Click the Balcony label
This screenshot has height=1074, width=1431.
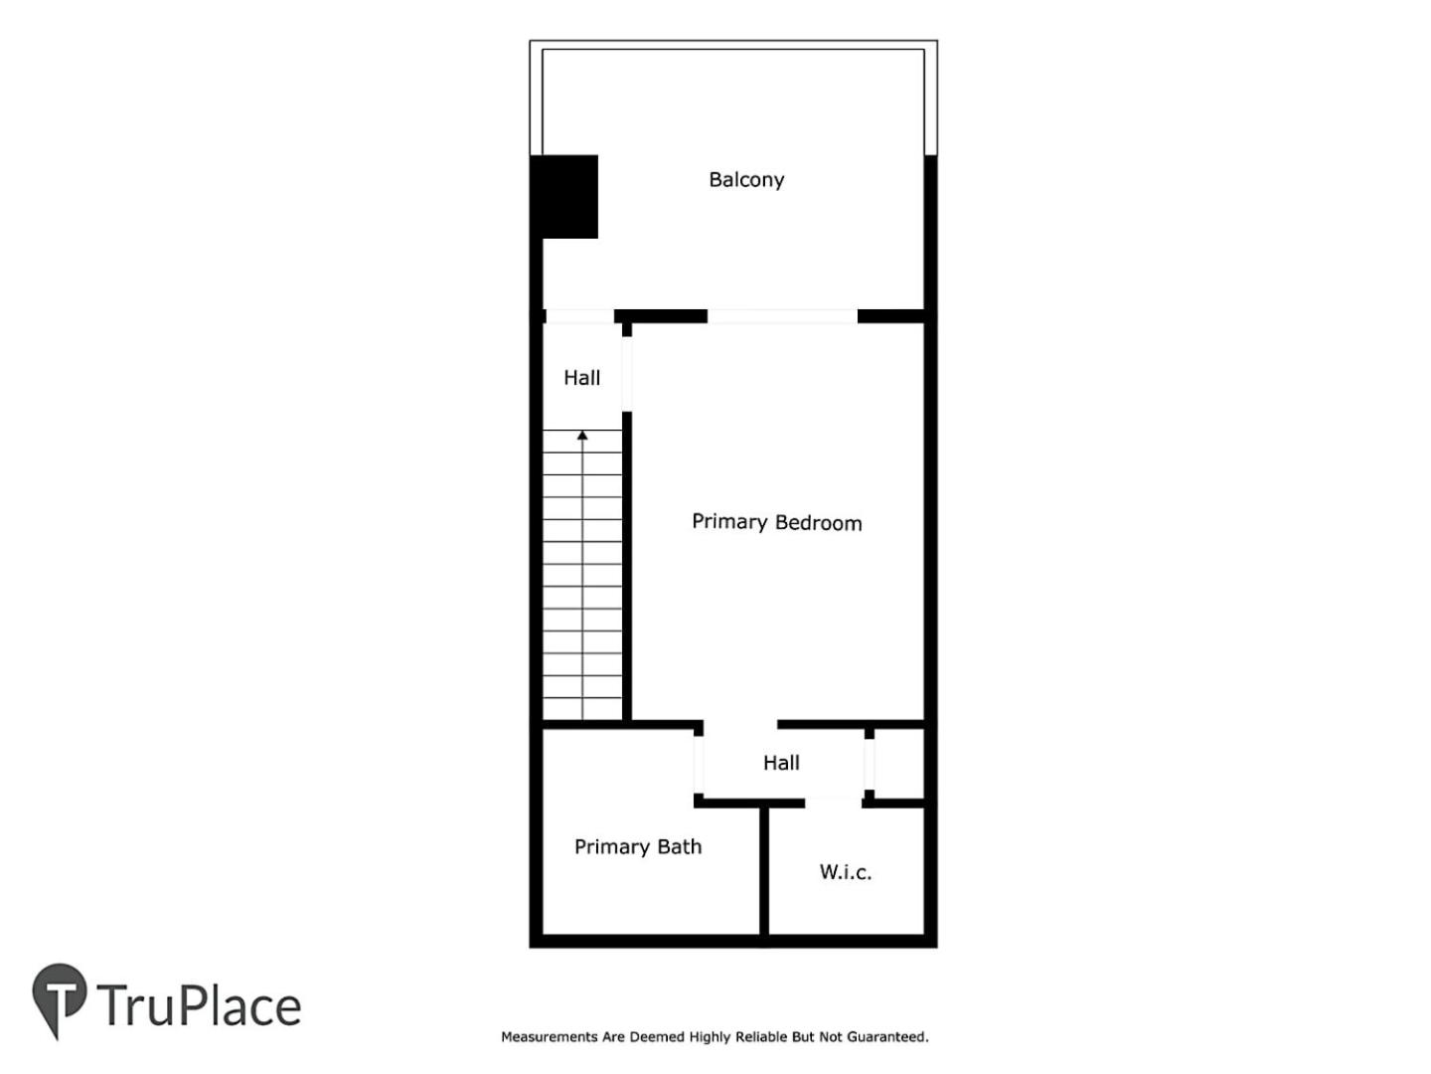pyautogui.click(x=746, y=179)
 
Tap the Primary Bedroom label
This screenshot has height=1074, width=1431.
pyautogui.click(x=776, y=522)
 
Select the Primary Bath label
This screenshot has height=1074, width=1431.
pyautogui.click(x=638, y=846)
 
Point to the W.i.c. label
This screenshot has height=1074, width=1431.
pyautogui.click(x=845, y=872)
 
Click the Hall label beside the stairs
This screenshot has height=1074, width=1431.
pyautogui.click(x=581, y=378)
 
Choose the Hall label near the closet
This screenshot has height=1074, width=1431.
pyautogui.click(x=781, y=763)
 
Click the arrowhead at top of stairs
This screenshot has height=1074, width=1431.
pyautogui.click(x=582, y=435)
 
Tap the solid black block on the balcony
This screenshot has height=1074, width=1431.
pyautogui.click(x=563, y=196)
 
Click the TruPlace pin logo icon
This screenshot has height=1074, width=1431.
pyautogui.click(x=59, y=997)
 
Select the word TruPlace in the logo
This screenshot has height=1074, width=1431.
pyautogui.click(x=199, y=1004)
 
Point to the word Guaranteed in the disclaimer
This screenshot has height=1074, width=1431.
pyautogui.click(x=887, y=1037)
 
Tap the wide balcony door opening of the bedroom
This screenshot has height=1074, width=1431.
pyautogui.click(x=782, y=316)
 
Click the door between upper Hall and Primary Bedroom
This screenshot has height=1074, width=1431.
pyautogui.click(x=626, y=374)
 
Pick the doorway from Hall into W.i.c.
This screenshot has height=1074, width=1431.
pyautogui.click(x=833, y=803)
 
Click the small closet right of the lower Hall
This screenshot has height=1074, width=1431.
pyautogui.click(x=899, y=763)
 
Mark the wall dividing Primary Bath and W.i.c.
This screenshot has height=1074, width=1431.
pyautogui.click(x=764, y=871)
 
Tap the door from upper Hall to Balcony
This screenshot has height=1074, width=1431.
pyautogui.click(x=579, y=316)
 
